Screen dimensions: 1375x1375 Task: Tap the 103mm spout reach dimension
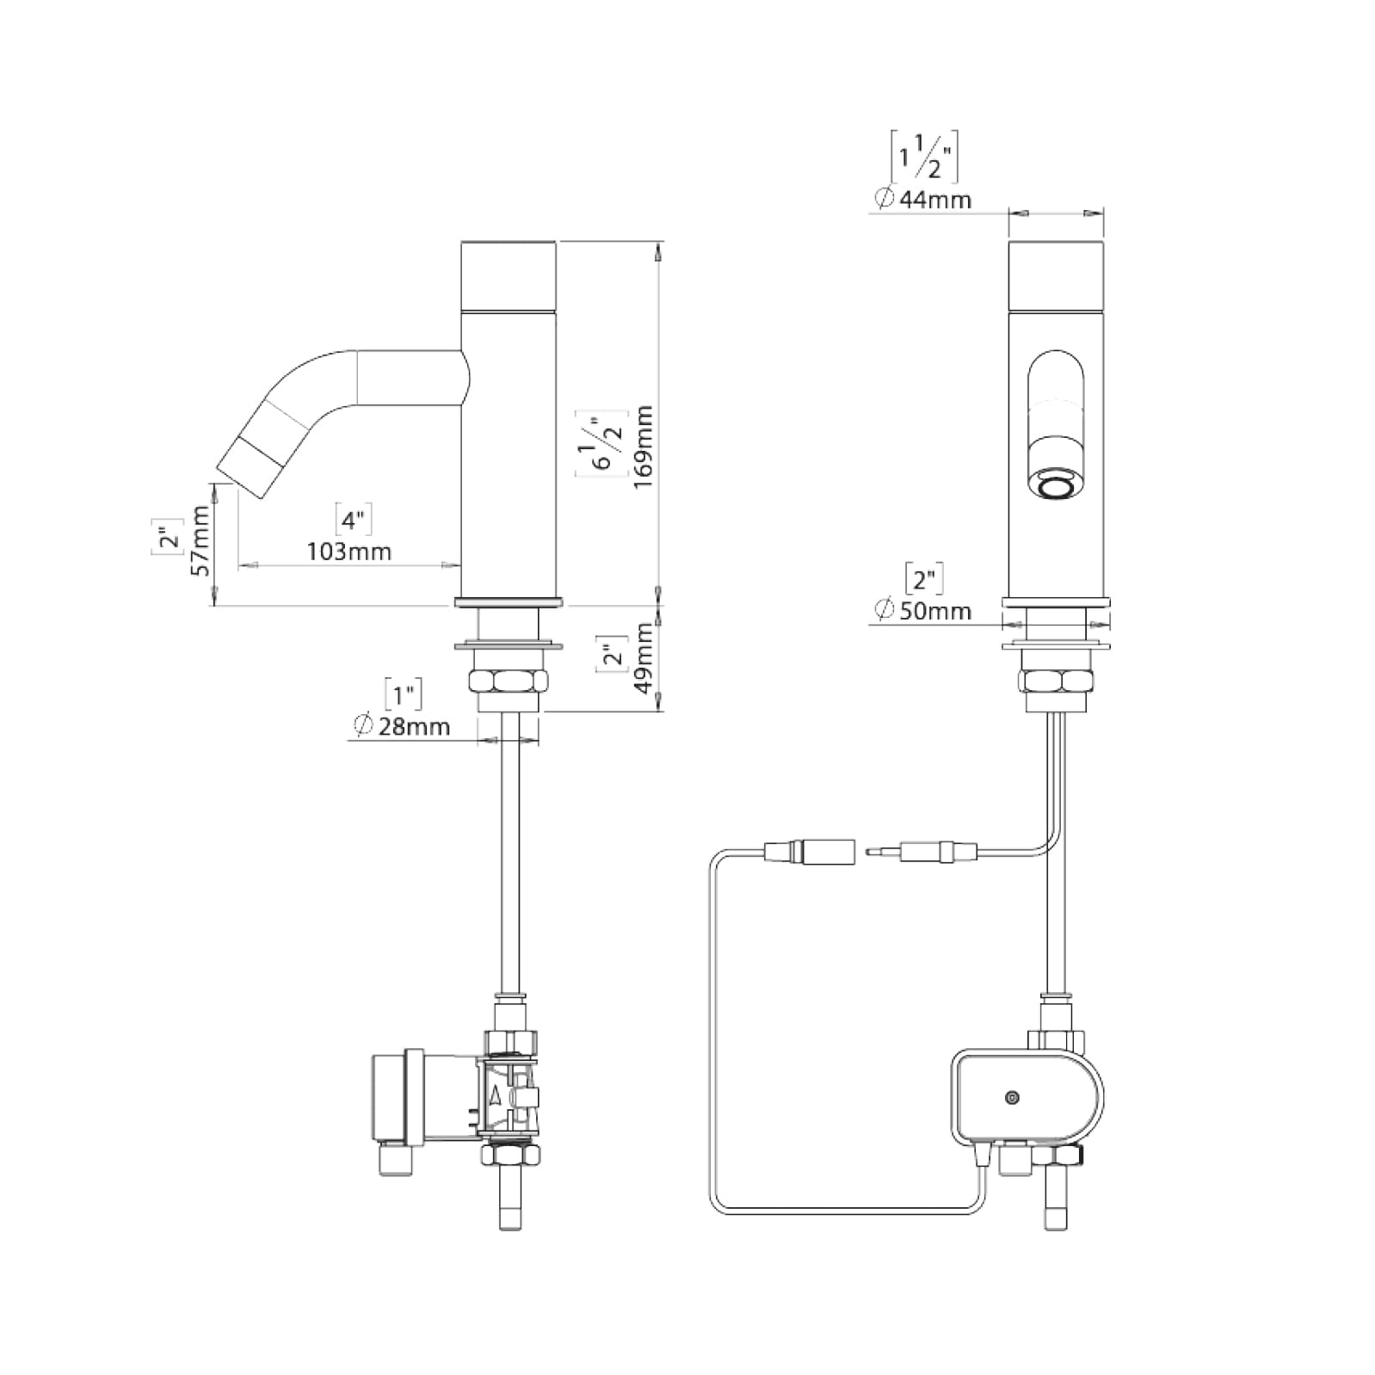(349, 552)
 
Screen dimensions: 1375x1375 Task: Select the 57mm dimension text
(200, 540)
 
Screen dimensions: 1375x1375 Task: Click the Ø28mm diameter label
(401, 727)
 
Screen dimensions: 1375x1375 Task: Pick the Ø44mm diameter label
(922, 200)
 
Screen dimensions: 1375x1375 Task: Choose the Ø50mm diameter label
(922, 612)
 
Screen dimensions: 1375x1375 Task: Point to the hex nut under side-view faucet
(508, 682)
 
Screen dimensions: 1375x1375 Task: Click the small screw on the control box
(1012, 1097)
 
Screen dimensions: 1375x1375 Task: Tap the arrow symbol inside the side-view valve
(495, 1094)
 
